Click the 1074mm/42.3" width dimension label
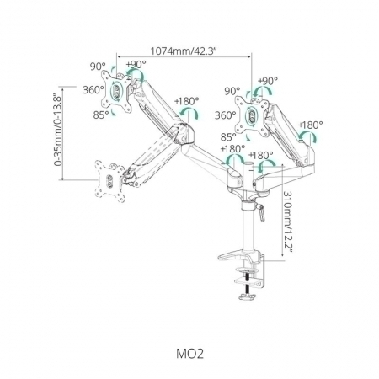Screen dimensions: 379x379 [x=184, y=51]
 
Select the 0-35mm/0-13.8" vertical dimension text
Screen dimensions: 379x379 [x=58, y=130]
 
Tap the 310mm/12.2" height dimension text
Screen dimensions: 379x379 [x=287, y=222]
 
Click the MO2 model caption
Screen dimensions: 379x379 [x=189, y=354]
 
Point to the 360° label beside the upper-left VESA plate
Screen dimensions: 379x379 [x=93, y=90]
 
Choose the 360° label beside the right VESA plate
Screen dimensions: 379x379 [x=226, y=115]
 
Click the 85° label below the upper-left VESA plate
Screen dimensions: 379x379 [x=101, y=115]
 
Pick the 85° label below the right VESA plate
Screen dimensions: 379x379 [x=228, y=137]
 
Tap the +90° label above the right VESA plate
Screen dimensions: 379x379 [x=268, y=81]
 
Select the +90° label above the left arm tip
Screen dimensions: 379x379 [x=136, y=64]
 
